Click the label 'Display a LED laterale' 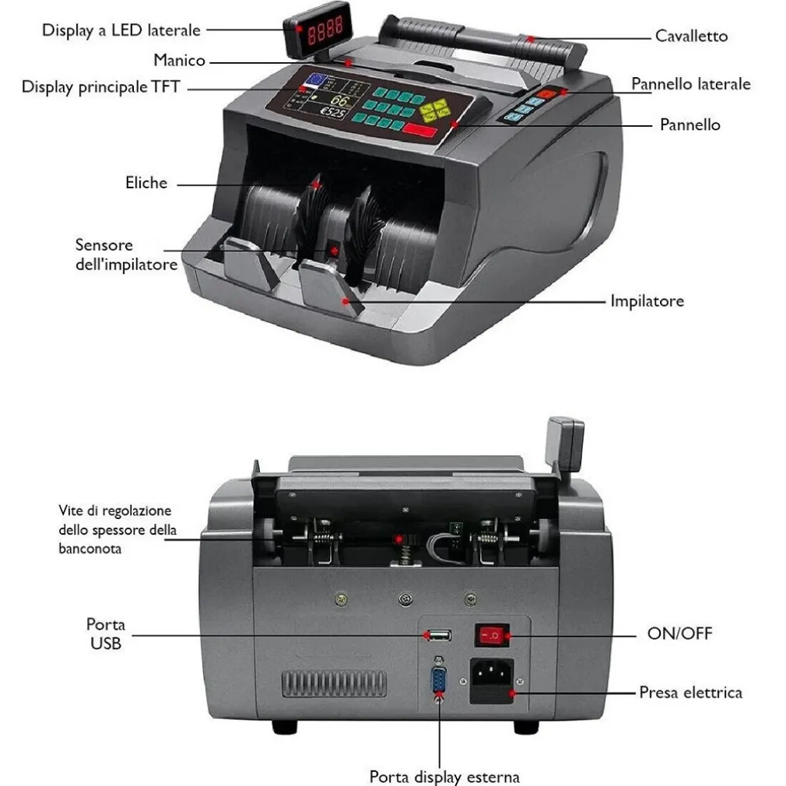point(121,30)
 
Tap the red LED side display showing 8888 point(318,29)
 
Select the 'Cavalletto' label point(691,36)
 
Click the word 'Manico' point(180,60)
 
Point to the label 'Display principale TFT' point(100,87)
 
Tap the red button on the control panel point(420,130)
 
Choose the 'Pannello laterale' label point(691,84)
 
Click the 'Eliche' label point(146,182)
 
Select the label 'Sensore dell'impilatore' point(126,254)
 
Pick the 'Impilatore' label point(647,301)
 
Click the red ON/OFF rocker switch point(491,635)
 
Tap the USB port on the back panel point(440,636)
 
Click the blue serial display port point(439,679)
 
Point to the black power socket point(492,681)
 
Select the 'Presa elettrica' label point(691,693)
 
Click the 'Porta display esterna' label point(444,777)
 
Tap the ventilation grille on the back point(334,684)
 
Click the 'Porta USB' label point(106,633)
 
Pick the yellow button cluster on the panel point(434,111)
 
